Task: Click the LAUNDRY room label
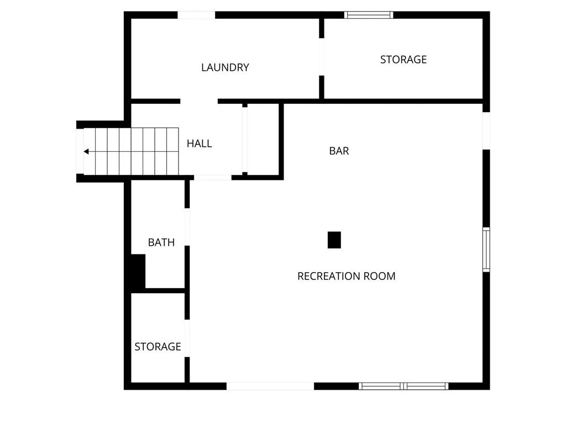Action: (x=225, y=67)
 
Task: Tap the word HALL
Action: (x=199, y=144)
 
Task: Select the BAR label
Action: (x=339, y=151)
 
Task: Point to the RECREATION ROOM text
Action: (x=346, y=276)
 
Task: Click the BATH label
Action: (x=161, y=242)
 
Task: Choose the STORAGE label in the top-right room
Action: (x=403, y=60)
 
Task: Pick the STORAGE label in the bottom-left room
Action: (x=158, y=347)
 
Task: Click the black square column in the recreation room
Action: (x=334, y=240)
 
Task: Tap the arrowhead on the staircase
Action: (x=86, y=151)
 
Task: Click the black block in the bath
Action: (x=138, y=271)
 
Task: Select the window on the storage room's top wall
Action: (x=369, y=15)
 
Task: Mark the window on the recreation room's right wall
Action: (x=486, y=250)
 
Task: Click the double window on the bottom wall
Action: (x=403, y=386)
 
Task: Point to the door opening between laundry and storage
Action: (x=321, y=57)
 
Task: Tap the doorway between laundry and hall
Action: (x=199, y=102)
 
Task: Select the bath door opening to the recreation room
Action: (x=187, y=227)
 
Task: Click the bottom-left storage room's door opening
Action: (x=187, y=338)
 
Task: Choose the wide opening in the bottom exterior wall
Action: (x=270, y=386)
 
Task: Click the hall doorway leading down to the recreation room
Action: (x=213, y=177)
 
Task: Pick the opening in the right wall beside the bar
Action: (x=486, y=130)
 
